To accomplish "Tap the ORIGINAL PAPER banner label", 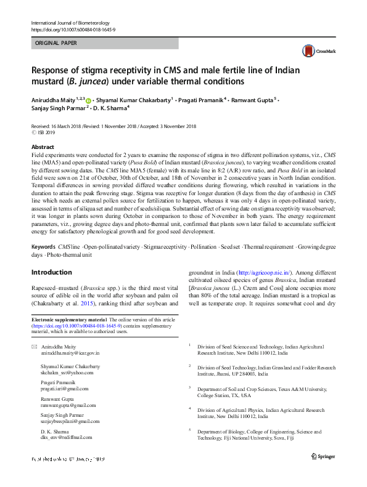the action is [57, 43].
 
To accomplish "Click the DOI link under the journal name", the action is [73, 30].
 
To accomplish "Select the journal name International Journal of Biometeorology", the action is [70, 23].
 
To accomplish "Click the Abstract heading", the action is [43, 147].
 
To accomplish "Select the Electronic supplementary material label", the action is [68, 319].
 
